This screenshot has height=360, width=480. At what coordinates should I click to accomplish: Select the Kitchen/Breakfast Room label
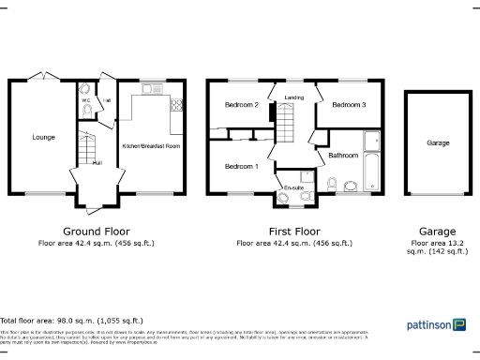click(151, 147)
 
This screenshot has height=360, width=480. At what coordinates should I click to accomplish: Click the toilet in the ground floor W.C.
click(87, 111)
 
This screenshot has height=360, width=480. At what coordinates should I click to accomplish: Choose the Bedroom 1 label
click(241, 166)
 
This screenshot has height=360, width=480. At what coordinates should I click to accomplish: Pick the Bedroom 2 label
click(241, 105)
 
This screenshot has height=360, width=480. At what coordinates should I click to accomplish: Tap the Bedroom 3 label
click(348, 105)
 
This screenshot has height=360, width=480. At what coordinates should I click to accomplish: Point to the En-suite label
click(294, 187)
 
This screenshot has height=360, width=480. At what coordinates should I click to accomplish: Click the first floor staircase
click(284, 122)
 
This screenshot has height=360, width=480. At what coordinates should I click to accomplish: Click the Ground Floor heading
click(96, 231)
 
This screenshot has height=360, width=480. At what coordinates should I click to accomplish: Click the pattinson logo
click(436, 325)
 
